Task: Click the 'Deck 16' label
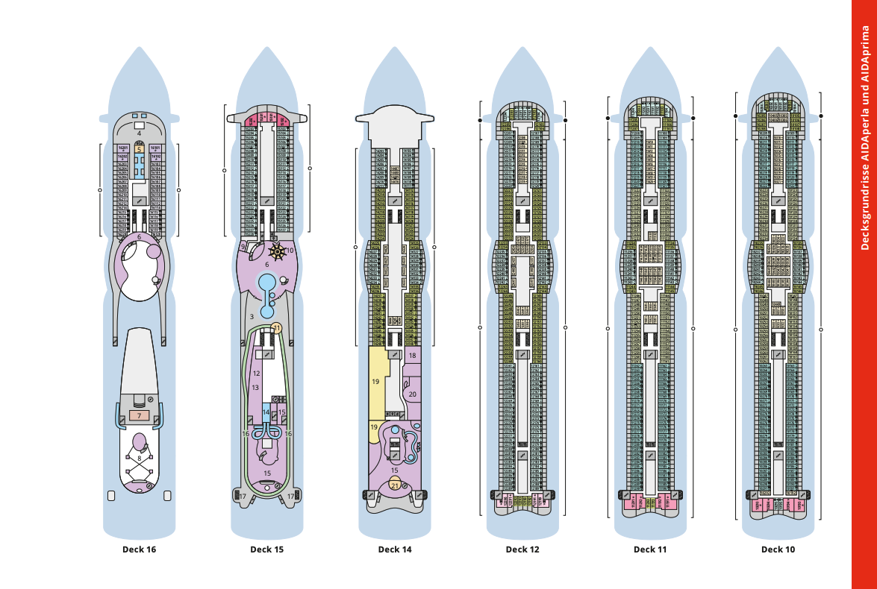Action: pyautogui.click(x=139, y=549)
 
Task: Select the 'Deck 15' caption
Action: pyautogui.click(x=266, y=549)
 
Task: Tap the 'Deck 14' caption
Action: pyautogui.click(x=395, y=549)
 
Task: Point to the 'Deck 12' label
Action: pyautogui.click(x=522, y=549)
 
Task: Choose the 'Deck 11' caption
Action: pyautogui.click(x=650, y=549)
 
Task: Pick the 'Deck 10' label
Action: pyautogui.click(x=778, y=549)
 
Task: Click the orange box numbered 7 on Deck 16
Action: pyautogui.click(x=140, y=415)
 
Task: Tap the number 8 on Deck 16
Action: pyautogui.click(x=139, y=459)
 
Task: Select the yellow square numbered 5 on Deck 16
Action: pyautogui.click(x=140, y=149)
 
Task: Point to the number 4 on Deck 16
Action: pyautogui.click(x=140, y=133)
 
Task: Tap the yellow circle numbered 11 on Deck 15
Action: pyautogui.click(x=277, y=328)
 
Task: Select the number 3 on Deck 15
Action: pyautogui.click(x=252, y=317)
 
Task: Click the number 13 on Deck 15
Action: pyautogui.click(x=255, y=388)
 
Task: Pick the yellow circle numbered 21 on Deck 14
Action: pyautogui.click(x=395, y=485)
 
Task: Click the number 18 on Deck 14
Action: pyautogui.click(x=412, y=356)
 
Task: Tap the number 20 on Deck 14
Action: pyautogui.click(x=413, y=394)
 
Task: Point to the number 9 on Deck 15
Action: pyautogui.click(x=243, y=247)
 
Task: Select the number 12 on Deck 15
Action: pyautogui.click(x=256, y=373)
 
